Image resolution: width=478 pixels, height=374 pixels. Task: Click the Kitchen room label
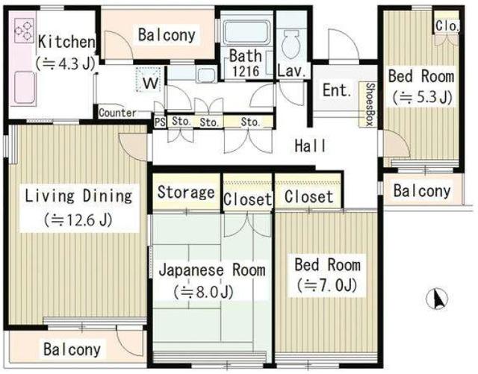66,42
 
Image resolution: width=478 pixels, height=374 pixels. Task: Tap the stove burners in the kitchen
24,31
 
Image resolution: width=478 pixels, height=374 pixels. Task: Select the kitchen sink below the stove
23,87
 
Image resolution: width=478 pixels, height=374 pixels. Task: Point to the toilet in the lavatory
291,45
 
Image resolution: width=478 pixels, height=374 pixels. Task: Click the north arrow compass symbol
437,299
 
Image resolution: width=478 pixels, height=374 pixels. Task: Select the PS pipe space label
160,122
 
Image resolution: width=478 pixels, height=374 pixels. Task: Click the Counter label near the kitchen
117,113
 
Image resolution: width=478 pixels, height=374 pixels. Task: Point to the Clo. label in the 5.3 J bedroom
447,25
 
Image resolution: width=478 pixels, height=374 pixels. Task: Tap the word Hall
310,146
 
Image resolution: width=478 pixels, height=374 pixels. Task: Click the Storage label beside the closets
186,193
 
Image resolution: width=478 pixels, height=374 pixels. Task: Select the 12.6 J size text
78,220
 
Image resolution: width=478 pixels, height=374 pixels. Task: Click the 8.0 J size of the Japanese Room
203,292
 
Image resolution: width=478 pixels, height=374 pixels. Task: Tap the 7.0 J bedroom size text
327,286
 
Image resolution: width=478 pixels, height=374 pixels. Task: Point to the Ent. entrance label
337,90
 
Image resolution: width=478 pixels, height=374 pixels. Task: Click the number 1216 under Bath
246,72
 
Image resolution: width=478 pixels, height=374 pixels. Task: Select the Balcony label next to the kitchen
167,35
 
